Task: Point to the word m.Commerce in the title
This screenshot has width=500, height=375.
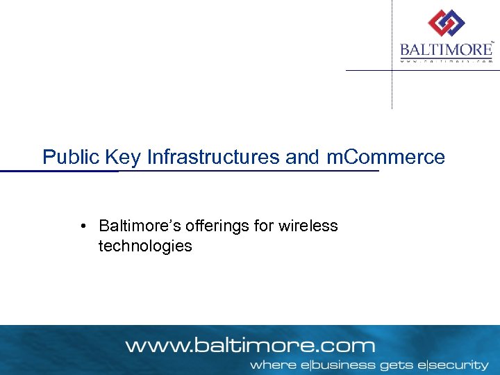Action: click(x=385, y=157)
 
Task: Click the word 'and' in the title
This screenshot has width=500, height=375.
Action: click(x=303, y=157)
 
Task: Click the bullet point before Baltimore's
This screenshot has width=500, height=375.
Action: click(x=83, y=226)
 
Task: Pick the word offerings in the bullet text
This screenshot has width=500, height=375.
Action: click(x=209, y=226)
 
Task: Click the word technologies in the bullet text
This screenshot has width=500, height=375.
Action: click(x=145, y=246)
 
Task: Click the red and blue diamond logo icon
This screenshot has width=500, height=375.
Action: click(x=446, y=24)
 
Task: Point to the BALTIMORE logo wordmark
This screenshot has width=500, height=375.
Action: click(x=446, y=50)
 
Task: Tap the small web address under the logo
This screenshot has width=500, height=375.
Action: click(x=446, y=61)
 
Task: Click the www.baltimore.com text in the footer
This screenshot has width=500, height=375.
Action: click(x=250, y=345)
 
